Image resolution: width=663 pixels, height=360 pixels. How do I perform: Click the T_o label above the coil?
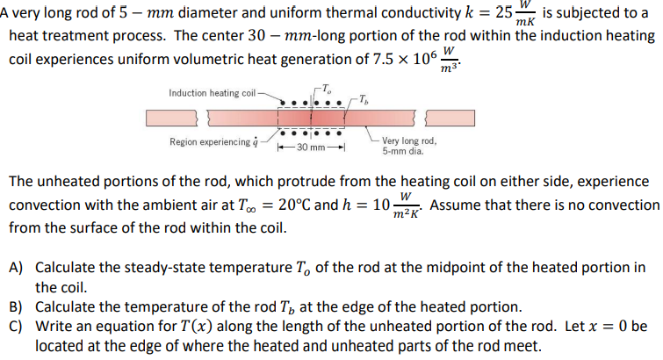[326, 87]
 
